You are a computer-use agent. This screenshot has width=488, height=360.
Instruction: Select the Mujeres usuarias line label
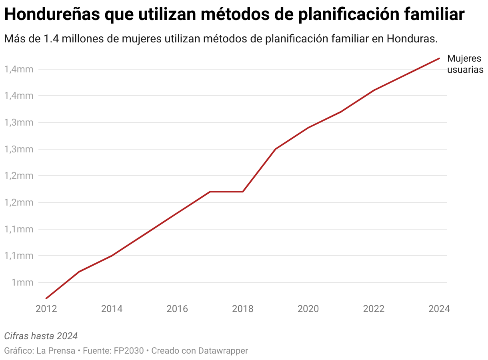tap(465, 64)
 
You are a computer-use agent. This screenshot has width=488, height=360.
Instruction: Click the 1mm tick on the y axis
tap(22, 282)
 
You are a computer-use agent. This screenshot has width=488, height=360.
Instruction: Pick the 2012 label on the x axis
tap(46, 309)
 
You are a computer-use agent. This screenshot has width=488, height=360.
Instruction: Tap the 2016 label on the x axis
tap(177, 309)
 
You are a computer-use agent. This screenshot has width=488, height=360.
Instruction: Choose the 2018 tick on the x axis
tap(243, 309)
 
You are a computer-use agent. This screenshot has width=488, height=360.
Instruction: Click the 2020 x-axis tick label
tap(308, 309)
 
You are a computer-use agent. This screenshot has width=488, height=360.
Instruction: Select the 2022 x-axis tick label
tap(374, 309)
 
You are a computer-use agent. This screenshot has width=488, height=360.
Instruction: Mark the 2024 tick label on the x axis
tap(439, 309)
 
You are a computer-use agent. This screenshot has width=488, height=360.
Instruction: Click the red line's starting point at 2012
tap(46, 298)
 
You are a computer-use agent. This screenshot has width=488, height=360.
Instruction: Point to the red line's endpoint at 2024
tap(439, 58)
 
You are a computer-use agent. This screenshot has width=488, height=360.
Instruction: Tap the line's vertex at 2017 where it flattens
tap(210, 192)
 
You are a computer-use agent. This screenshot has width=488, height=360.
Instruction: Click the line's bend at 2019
tap(276, 149)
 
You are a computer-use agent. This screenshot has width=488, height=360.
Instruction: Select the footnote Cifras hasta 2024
tap(41, 336)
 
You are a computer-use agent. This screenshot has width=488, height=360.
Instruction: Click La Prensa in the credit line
tap(56, 351)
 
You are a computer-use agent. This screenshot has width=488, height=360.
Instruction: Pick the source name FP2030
tap(129, 351)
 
